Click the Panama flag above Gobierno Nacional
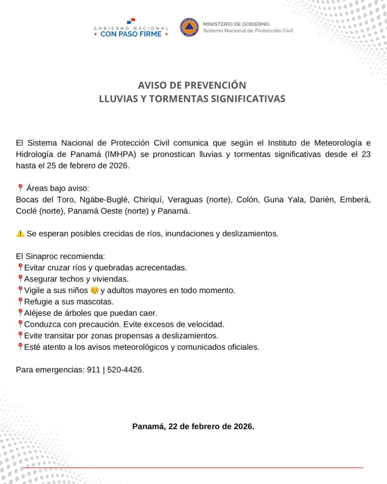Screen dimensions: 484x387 point(131,21)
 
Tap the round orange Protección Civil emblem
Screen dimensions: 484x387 point(189,27)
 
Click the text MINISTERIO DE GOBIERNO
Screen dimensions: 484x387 point(236,23)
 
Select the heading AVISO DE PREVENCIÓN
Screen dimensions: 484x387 point(192,86)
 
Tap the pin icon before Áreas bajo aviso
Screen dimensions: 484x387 point(20,188)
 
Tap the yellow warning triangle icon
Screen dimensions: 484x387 point(20,234)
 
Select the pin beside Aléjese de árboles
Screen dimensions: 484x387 point(20,312)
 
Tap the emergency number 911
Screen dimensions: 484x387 point(93,370)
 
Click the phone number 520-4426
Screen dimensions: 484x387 point(124,370)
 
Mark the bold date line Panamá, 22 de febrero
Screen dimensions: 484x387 point(193,427)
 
